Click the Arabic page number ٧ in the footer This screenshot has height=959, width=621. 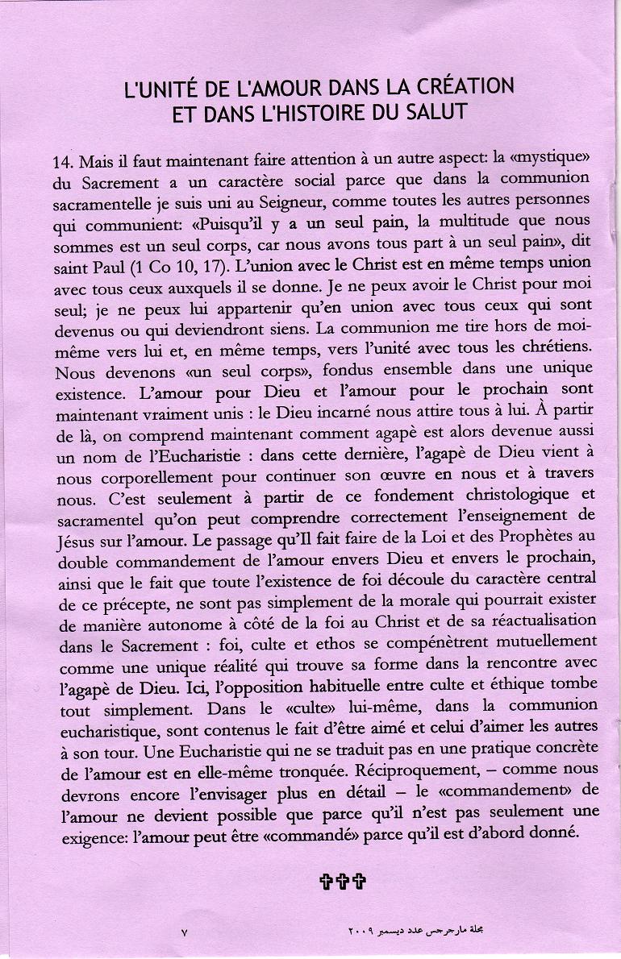click(185, 932)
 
